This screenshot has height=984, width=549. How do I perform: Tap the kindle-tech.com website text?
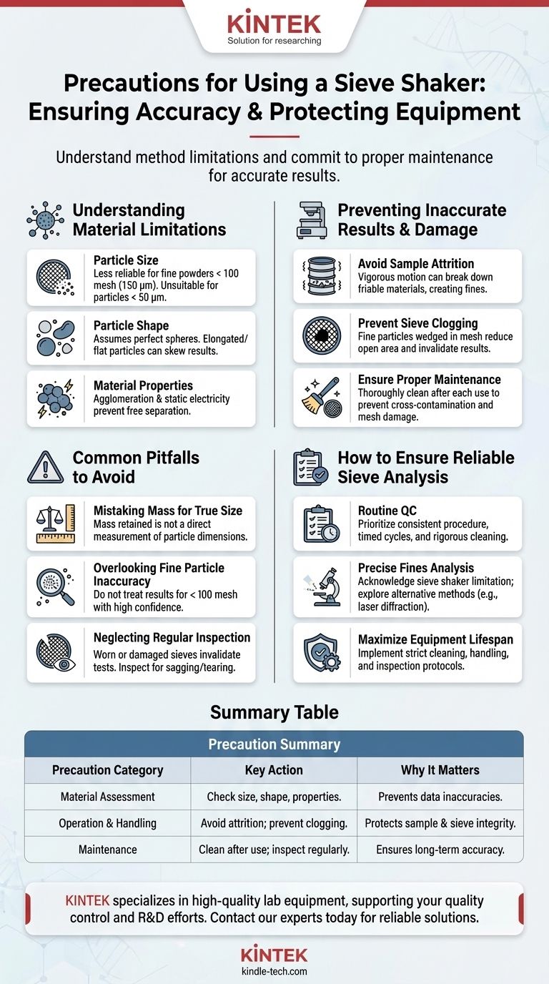click(274, 971)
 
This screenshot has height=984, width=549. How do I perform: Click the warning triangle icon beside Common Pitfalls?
click(45, 467)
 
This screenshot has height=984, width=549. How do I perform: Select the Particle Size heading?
click(126, 260)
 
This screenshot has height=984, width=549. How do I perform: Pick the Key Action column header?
click(274, 770)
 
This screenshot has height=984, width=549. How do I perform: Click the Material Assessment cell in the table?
click(107, 797)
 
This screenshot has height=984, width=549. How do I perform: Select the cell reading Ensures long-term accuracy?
click(440, 850)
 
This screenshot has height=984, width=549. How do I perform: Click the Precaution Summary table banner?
click(274, 744)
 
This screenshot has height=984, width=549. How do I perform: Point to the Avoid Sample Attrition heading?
click(416, 263)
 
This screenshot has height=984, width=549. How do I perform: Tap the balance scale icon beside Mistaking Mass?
click(55, 523)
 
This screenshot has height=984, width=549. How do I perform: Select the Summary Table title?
click(274, 712)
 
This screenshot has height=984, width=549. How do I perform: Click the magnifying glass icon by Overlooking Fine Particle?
click(55, 586)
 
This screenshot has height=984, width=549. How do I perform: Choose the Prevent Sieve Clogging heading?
click(417, 323)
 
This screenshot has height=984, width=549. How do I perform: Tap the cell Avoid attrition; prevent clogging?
click(274, 823)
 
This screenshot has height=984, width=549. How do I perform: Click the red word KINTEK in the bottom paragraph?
click(87, 901)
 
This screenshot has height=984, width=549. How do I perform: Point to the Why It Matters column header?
click(440, 770)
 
